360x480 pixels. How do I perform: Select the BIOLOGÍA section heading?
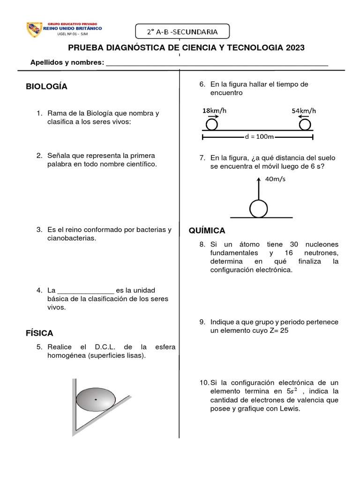click(x=46, y=86)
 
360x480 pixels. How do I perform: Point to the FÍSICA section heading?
click(x=39, y=333)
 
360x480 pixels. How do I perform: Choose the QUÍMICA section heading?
click(x=207, y=231)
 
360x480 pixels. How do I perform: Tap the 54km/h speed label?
click(x=304, y=111)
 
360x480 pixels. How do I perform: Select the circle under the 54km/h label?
click(x=305, y=124)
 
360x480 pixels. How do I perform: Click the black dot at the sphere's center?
click(x=96, y=399)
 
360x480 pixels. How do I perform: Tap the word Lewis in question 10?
click(x=289, y=409)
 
